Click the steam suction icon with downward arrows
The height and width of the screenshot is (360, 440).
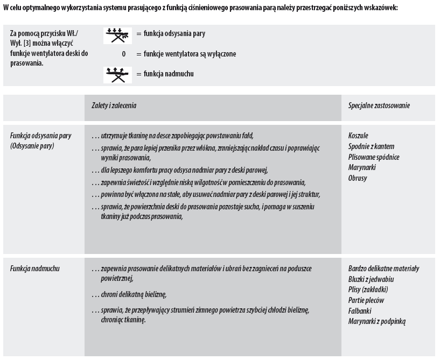tap(117, 35)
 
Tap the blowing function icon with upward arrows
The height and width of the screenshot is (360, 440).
tap(117, 74)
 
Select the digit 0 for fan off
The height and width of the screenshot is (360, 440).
tap(123, 54)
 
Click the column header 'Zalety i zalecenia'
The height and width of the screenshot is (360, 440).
tap(114, 105)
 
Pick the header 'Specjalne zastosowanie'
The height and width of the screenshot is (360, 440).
tap(379, 105)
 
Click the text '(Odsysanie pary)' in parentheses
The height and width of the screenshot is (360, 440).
tap(32, 146)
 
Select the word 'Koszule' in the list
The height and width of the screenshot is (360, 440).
tap(358, 136)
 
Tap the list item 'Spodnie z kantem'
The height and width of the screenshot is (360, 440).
tap(371, 146)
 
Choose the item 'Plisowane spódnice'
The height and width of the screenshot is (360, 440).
tap(374, 157)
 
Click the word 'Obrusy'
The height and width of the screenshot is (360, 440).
tap(358, 178)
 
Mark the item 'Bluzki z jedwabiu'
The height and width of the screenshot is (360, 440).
tap(371, 279)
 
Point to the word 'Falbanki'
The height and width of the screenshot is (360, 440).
tap(360, 310)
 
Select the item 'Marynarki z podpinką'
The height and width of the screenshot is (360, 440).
tap(377, 321)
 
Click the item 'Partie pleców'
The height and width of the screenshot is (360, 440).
tap(367, 300)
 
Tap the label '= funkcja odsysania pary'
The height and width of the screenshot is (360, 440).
tap(170, 34)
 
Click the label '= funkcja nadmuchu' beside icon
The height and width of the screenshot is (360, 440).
tap(165, 74)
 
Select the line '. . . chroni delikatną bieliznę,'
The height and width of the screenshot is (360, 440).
tap(129, 294)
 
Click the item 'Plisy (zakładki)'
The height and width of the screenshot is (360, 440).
tap(368, 290)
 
